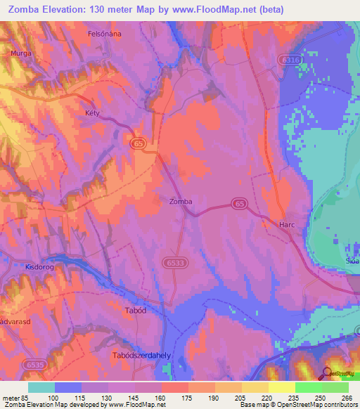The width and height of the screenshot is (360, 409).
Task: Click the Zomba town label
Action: pos(181,201)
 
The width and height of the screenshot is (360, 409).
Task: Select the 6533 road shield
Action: pos(178,261)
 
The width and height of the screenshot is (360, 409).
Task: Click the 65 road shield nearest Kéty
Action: pos(138,143)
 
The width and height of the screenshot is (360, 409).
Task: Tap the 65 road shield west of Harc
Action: pos(240,204)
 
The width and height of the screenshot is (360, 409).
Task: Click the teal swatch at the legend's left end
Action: pos(41,387)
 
